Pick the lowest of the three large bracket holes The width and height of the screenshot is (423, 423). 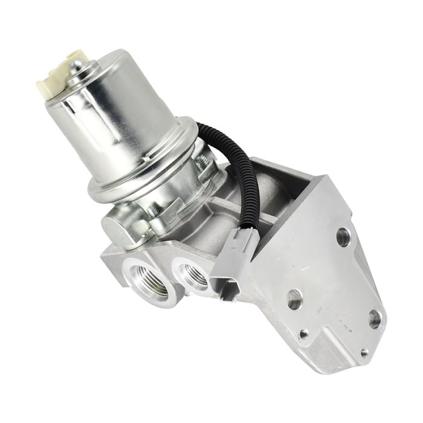point(375,317)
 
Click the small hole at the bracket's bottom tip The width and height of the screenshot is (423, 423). point(364,352)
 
